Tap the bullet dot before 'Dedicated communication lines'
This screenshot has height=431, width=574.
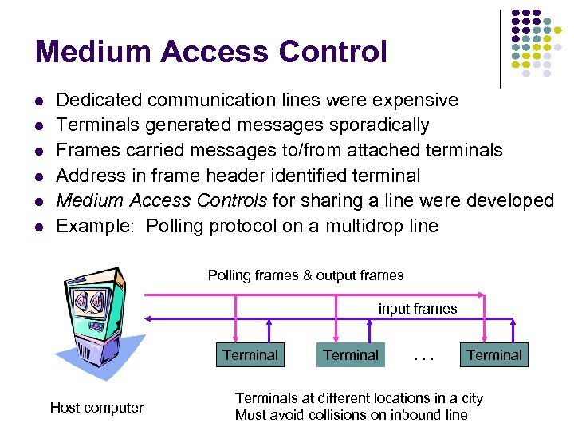(38, 101)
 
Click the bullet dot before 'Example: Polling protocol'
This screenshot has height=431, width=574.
(38, 227)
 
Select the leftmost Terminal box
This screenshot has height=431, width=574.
(250, 355)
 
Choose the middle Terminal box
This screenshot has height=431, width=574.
(351, 355)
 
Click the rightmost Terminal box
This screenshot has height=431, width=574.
(494, 355)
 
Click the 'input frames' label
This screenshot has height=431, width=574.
(418, 309)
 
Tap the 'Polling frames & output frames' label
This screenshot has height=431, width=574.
(305, 275)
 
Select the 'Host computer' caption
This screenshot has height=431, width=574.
(96, 408)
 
